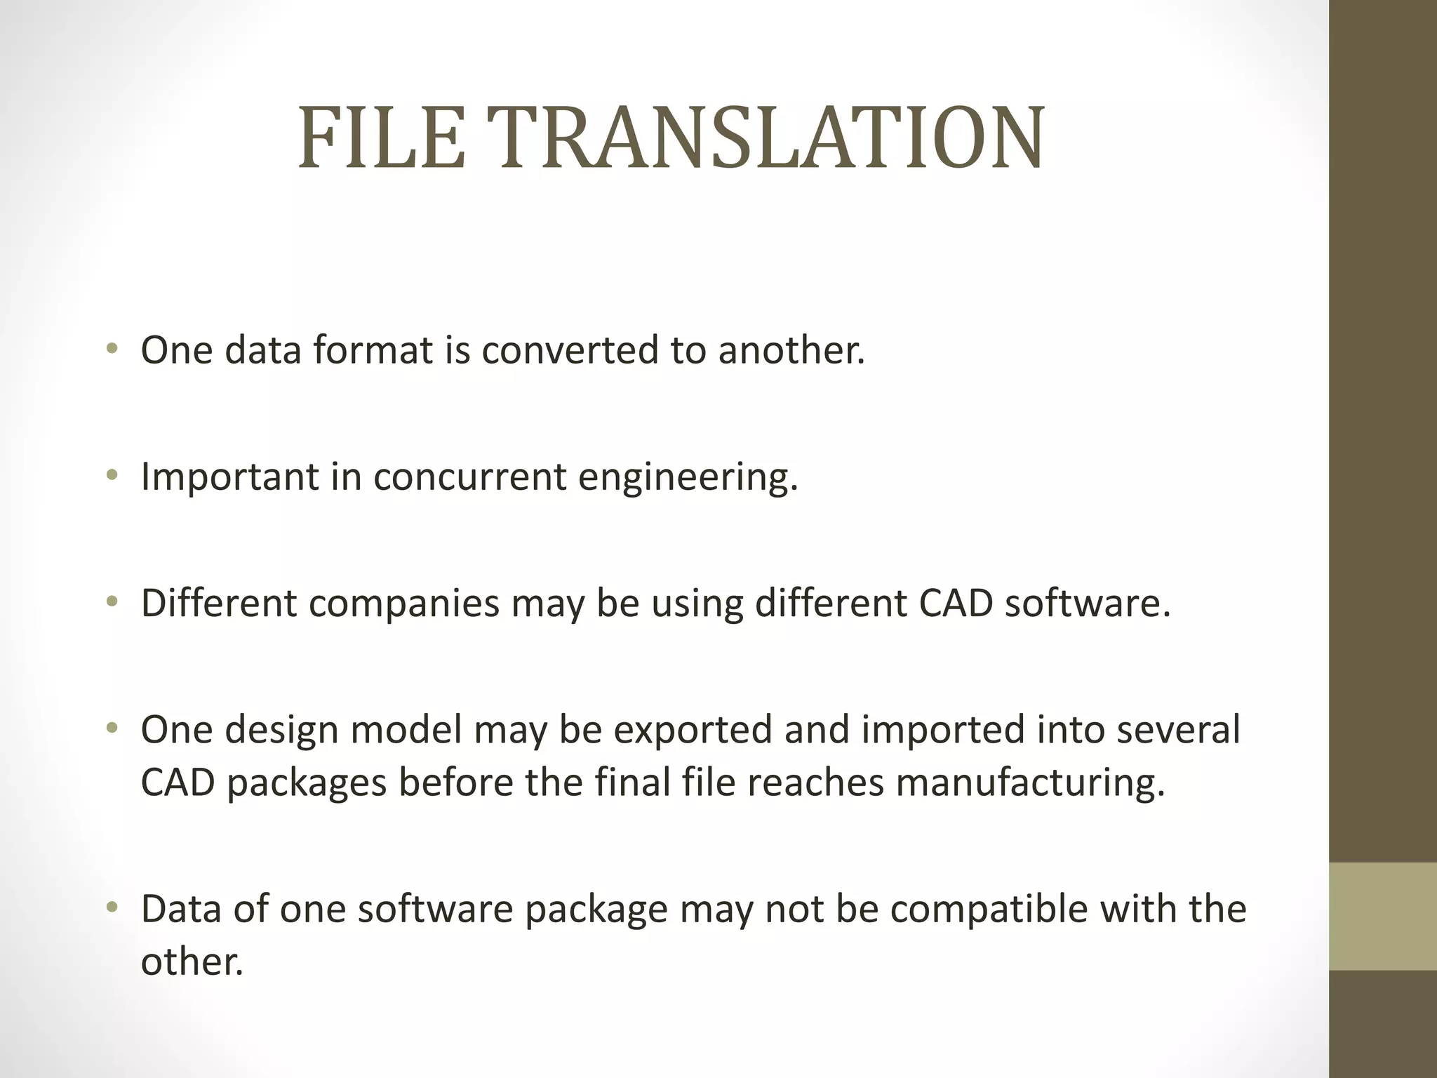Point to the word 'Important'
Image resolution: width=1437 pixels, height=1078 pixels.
(229, 477)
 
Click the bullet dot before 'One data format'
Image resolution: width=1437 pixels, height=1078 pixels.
(112, 349)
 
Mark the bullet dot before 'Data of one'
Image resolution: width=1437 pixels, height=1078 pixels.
(112, 908)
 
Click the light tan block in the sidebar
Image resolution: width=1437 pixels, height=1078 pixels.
(1382, 917)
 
